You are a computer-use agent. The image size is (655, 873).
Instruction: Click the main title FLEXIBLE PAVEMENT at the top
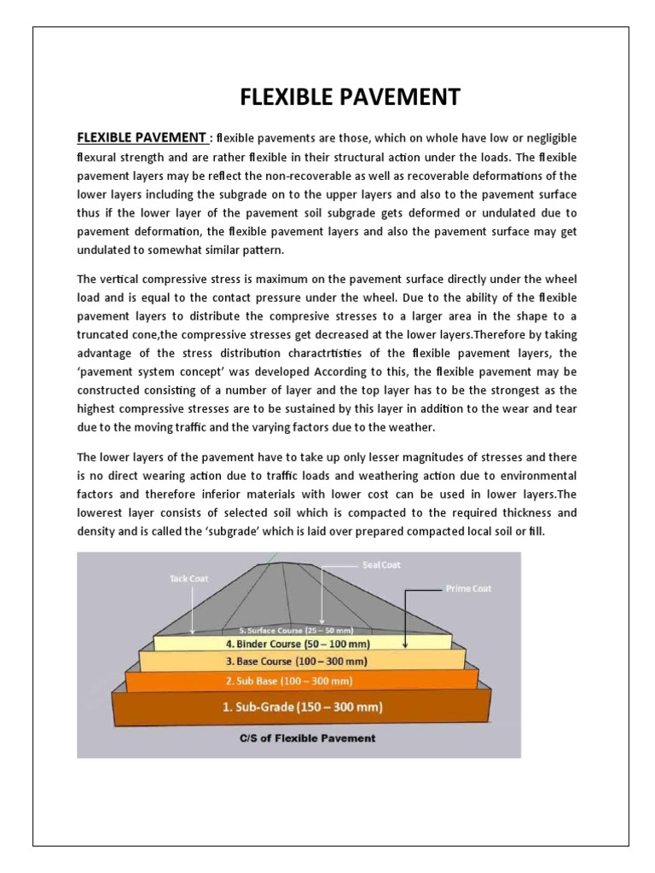350,97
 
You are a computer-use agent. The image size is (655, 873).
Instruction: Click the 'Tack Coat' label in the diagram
188,578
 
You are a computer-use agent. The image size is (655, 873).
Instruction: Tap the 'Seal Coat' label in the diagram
381,565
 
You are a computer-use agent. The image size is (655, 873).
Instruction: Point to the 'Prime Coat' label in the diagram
468,588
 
